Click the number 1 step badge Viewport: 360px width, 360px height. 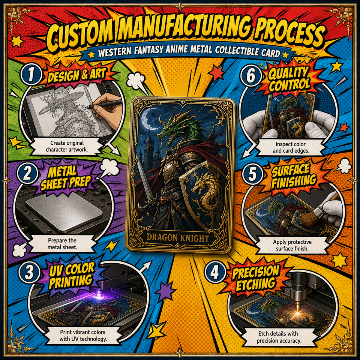coord(31,75)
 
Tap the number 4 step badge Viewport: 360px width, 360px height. coord(214,273)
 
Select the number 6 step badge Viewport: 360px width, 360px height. coord(250,76)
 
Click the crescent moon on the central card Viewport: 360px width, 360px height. coord(147,117)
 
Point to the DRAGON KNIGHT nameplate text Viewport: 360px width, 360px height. coord(177,238)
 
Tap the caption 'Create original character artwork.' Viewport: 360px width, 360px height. coord(67,146)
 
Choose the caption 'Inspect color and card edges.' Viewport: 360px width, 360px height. coord(290,147)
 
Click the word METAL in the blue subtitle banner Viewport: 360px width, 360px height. coord(199,49)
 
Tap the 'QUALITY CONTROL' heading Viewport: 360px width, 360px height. coord(289,78)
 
